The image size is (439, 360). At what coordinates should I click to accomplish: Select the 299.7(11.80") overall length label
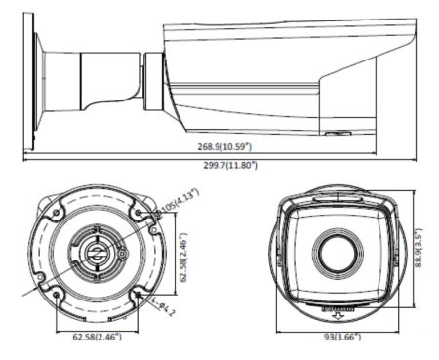coord(225,165)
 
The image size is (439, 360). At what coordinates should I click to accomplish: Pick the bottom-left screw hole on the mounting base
coord(58,292)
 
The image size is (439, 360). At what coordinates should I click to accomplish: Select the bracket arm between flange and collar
coord(98,78)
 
